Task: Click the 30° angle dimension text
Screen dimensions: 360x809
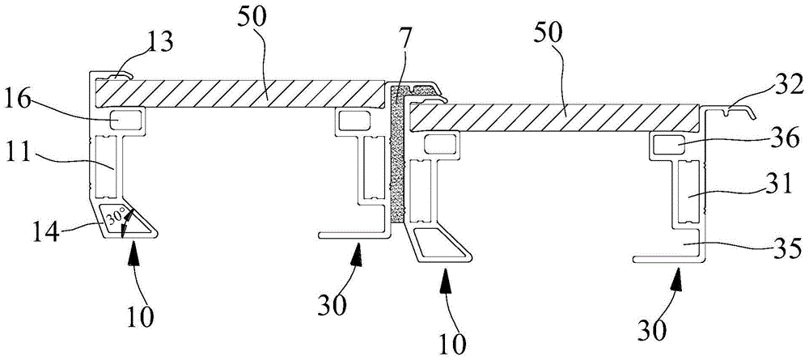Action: tap(118, 217)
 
